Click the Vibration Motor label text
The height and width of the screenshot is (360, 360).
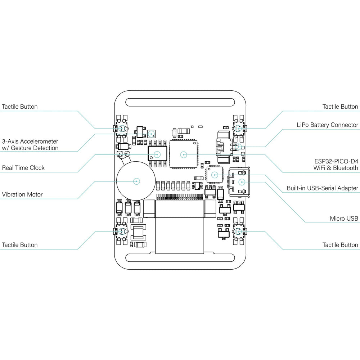[22, 194]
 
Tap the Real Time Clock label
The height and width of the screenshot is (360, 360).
[23, 168]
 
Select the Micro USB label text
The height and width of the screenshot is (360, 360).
[344, 219]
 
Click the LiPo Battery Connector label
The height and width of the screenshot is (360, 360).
[327, 125]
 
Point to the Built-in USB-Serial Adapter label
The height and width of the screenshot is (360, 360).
[322, 188]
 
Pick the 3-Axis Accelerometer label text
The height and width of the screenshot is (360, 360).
[30, 141]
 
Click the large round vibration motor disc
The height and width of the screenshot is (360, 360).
[136, 181]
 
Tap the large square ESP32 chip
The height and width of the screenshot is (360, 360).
[184, 154]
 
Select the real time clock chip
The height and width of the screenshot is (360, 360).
[157, 154]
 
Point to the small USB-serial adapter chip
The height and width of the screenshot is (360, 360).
[215, 175]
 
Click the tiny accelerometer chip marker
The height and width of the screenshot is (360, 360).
[152, 134]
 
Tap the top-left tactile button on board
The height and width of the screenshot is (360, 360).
[122, 129]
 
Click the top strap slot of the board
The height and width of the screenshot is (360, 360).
[180, 102]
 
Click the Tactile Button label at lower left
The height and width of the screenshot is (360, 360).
[20, 245]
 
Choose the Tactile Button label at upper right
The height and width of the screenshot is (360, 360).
[340, 107]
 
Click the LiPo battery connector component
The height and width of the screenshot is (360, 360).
[225, 147]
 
